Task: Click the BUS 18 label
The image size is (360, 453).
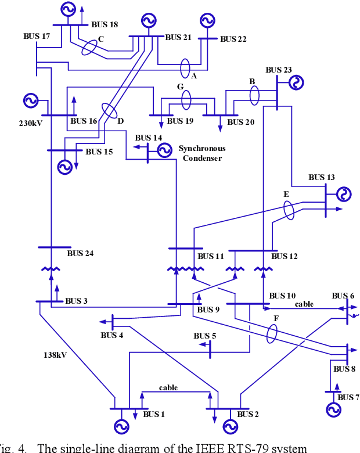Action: tap(105, 24)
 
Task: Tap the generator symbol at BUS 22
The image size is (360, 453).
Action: tap(206, 21)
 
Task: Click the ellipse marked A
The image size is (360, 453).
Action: tap(185, 68)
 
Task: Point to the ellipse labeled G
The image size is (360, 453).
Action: tap(186, 99)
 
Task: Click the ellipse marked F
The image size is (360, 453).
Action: tap(272, 334)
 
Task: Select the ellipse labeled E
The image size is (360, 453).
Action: tap(289, 211)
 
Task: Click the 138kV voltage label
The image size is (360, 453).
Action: tap(56, 354)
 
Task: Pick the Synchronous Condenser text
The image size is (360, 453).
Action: tap(202, 153)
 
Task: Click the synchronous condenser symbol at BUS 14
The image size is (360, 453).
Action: tap(164, 150)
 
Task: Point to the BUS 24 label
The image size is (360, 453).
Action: tap(80, 253)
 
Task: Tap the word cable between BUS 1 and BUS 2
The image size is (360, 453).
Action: tap(168, 387)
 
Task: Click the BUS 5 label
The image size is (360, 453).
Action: tap(205, 336)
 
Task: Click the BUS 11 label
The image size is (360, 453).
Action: tap(210, 256)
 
